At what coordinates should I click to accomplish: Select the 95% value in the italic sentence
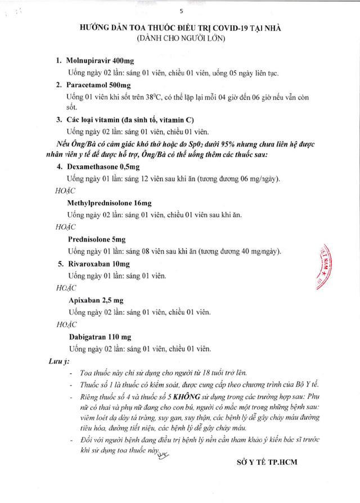[x=205, y=144]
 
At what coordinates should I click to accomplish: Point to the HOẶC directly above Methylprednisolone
[x=68, y=191]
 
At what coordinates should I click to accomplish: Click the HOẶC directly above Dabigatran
[x=68, y=324]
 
